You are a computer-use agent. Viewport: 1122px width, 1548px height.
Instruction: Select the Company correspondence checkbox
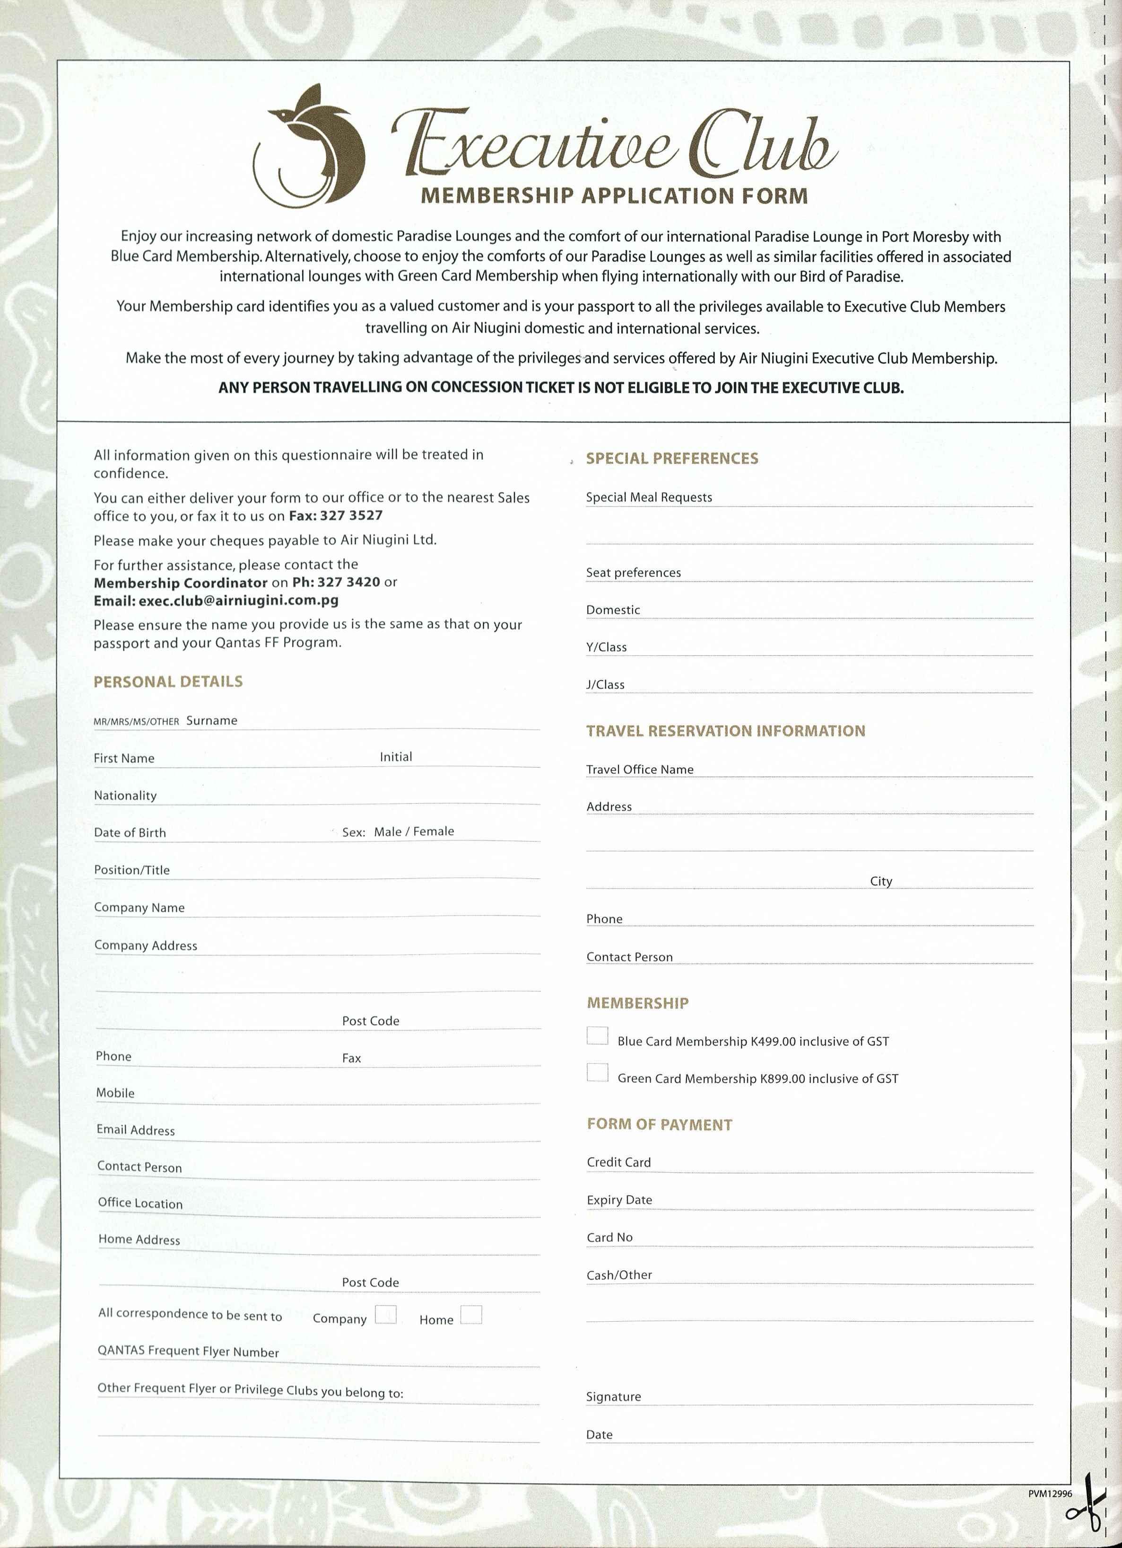(385, 1315)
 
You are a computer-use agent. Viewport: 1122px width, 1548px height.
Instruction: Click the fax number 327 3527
(351, 515)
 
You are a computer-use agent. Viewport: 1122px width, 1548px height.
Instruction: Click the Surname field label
(211, 720)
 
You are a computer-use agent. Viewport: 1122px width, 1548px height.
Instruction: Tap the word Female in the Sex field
(433, 831)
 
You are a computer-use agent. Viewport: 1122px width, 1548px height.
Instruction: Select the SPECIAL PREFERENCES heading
(672, 458)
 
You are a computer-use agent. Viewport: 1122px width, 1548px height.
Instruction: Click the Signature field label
(613, 1397)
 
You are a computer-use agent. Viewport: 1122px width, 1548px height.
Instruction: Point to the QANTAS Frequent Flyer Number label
(188, 1352)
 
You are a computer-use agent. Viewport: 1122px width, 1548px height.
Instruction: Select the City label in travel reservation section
(880, 881)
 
